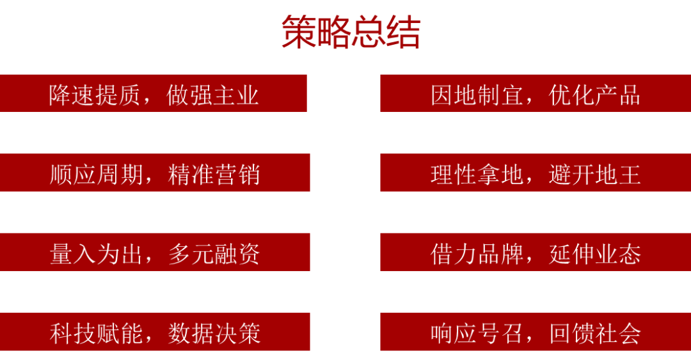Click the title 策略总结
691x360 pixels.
351,32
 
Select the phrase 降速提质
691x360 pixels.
95,95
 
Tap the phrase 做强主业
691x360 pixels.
212,95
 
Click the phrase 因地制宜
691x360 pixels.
477,95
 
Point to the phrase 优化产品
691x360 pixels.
594,95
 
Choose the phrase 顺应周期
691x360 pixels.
96,175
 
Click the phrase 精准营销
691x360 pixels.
214,175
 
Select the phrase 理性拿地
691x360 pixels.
477,175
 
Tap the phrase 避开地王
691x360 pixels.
594,175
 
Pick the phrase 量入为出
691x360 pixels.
96,254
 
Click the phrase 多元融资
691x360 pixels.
214,254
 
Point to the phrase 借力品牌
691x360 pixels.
477,254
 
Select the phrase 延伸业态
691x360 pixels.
594,254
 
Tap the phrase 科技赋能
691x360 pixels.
96,334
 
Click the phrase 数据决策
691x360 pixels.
214,334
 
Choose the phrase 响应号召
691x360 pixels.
477,334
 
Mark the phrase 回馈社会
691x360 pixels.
594,334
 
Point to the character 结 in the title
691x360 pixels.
403,32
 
